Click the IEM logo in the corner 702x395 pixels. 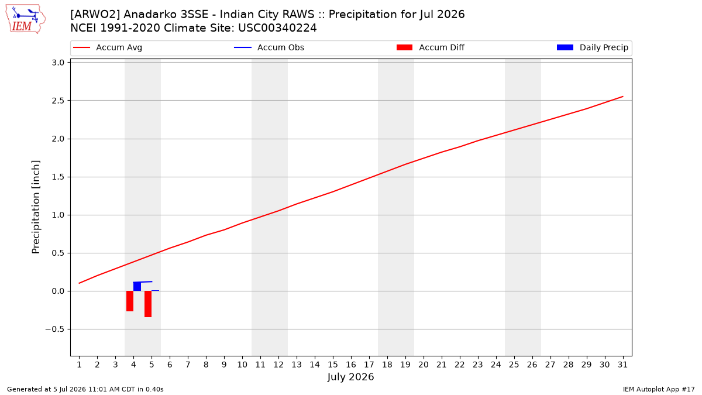coord(25,19)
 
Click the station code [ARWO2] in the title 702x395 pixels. coord(95,15)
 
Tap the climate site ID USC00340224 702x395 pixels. coord(277,28)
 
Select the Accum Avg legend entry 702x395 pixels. coord(108,47)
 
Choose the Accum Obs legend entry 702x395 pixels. coord(269,47)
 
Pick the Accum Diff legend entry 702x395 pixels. coord(431,47)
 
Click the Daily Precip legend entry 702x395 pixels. coord(592,47)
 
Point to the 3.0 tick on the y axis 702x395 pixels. coord(58,63)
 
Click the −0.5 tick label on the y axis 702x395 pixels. coord(55,329)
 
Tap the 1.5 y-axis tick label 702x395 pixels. coord(58,177)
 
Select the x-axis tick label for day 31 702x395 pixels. coord(622,365)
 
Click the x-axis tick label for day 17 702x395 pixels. coord(369,365)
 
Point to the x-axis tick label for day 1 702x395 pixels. coord(80,365)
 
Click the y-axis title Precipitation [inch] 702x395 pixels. coord(36,207)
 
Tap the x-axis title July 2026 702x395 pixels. coord(350,377)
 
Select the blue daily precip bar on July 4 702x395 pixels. coord(137,287)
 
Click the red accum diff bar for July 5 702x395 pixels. coord(148,304)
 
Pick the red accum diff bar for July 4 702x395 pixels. coord(130,301)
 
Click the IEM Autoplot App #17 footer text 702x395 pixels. coord(659,389)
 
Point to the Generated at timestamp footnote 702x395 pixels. coord(85,389)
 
